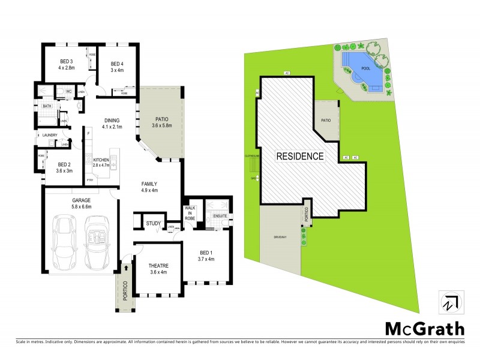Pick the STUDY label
[x=154, y=224]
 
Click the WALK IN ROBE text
[x=191, y=214]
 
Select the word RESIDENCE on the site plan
[x=300, y=157]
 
